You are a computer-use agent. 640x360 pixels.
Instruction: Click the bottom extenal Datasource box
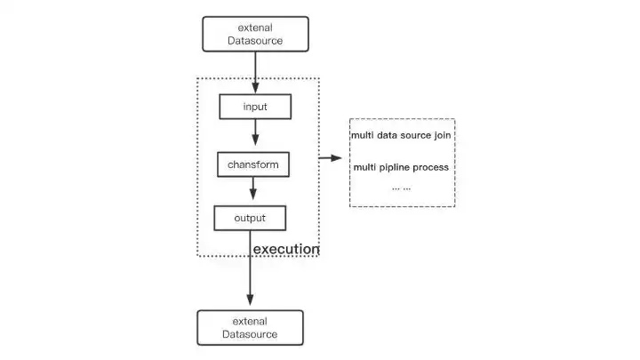(249, 327)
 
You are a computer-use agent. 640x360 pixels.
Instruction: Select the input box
(255, 108)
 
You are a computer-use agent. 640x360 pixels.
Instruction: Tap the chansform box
(253, 164)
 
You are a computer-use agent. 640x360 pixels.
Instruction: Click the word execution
(286, 250)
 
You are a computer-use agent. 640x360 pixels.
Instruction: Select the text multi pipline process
(401, 167)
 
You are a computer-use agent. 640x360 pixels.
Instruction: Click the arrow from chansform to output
(253, 189)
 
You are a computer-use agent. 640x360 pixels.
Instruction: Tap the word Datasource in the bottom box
(249, 334)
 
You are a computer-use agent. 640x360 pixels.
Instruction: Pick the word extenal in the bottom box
(249, 320)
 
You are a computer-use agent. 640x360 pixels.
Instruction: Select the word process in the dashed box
(429, 167)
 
